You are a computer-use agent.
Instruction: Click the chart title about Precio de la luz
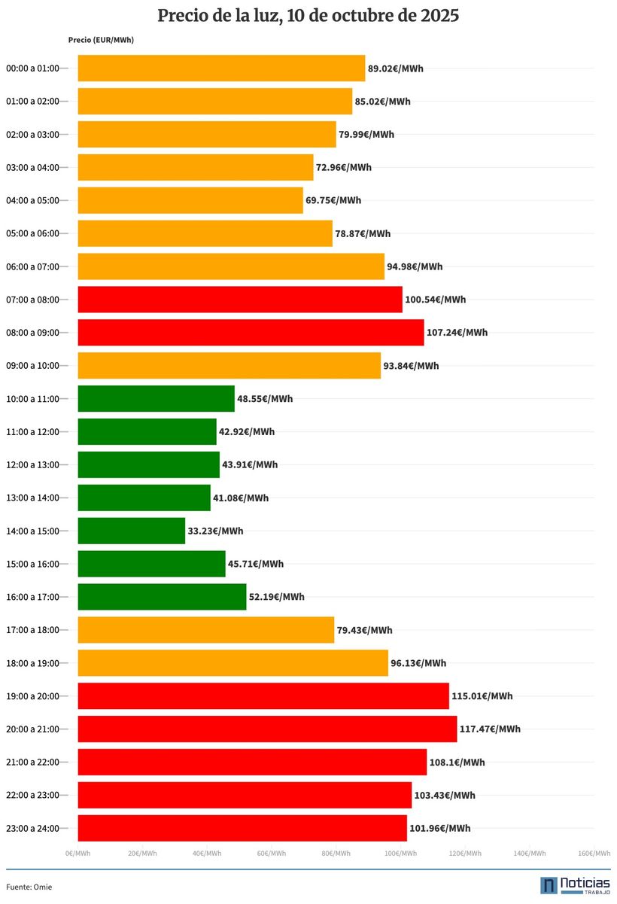pos(308,16)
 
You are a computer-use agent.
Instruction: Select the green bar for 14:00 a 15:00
pos(132,531)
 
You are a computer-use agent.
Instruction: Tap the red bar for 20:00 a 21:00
pos(267,729)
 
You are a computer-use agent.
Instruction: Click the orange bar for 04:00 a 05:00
pos(190,200)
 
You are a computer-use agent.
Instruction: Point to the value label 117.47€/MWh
pos(490,729)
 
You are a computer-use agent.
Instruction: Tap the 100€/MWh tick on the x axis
pos(400,854)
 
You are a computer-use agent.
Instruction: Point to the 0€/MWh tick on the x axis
pos(78,854)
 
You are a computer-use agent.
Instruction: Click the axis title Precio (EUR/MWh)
pos(101,40)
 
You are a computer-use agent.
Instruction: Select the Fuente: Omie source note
pos(29,887)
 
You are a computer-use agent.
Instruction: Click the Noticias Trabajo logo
pos(575,885)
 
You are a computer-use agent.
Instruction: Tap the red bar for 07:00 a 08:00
pos(240,300)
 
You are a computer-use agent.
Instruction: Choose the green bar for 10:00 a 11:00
pos(157,398)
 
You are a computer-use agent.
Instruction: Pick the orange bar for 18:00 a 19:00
pos(233,663)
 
